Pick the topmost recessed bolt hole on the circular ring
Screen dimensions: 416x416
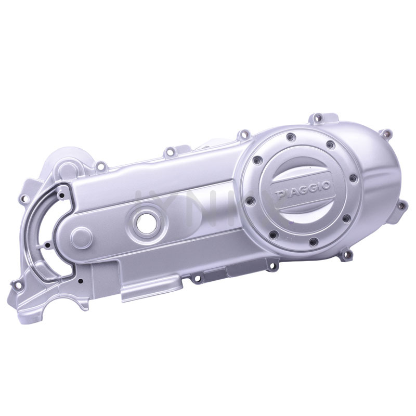[290, 137]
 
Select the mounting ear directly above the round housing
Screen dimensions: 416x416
[315, 120]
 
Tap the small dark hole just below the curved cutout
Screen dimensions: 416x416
[81, 280]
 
